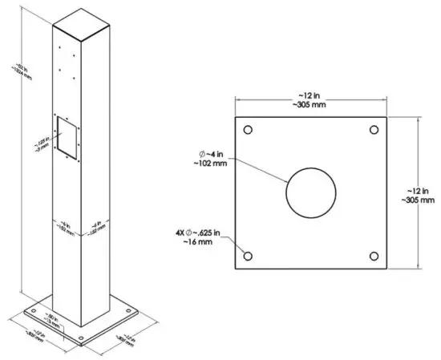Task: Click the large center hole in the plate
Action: click(x=310, y=192)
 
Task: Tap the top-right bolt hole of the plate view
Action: click(x=374, y=130)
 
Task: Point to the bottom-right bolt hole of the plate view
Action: click(x=374, y=256)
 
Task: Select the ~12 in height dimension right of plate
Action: click(x=420, y=193)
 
